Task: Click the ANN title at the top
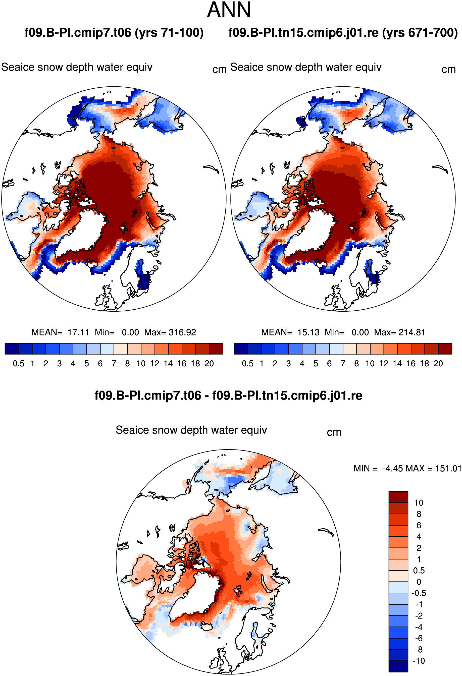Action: click(x=229, y=10)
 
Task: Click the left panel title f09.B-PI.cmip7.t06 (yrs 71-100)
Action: click(x=114, y=33)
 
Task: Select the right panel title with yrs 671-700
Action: click(x=343, y=33)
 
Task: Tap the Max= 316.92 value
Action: click(x=170, y=332)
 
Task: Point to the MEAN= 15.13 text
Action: click(x=290, y=332)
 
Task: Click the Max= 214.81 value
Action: click(x=400, y=332)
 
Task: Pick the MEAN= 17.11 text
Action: click(x=60, y=332)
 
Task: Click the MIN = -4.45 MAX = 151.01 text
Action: click(x=407, y=468)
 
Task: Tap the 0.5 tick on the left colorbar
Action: click(x=19, y=364)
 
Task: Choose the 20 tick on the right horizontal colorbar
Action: click(x=438, y=364)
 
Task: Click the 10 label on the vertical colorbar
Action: click(x=419, y=503)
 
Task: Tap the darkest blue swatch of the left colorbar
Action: click(x=12, y=349)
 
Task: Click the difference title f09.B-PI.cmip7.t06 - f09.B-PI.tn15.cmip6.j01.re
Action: click(x=228, y=396)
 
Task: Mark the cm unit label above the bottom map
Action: click(x=334, y=432)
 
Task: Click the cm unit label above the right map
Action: click(x=448, y=70)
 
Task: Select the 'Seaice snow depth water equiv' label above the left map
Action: click(x=77, y=67)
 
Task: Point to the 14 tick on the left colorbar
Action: click(x=168, y=364)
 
